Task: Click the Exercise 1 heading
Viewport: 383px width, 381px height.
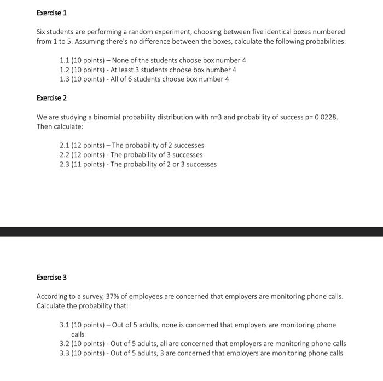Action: click(51, 13)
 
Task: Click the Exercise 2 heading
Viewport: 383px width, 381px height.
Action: click(51, 98)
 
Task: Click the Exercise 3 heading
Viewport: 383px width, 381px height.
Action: click(51, 278)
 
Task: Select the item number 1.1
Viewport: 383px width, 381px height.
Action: click(65, 60)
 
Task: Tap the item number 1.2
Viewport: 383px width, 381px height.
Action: click(65, 70)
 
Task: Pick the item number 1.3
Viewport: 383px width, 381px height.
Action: click(65, 79)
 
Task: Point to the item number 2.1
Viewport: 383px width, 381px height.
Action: click(65, 146)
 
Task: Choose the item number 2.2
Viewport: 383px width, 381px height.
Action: click(65, 155)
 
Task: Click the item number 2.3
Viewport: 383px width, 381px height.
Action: click(65, 164)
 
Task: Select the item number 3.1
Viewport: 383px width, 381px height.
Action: click(65, 325)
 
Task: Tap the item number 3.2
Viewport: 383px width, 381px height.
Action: click(65, 344)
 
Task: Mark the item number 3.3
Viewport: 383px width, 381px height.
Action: click(65, 353)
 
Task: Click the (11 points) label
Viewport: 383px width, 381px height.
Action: click(90, 164)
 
